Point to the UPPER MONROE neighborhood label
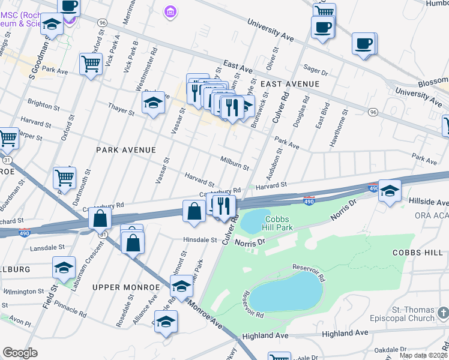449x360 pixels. tap(125, 287)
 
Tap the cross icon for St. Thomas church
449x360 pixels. tap(442, 313)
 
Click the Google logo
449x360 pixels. tap(20, 353)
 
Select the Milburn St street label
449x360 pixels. tap(234, 162)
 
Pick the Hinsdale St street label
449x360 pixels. tap(200, 240)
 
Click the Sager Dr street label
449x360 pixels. tap(315, 72)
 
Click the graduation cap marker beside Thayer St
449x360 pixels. tap(153, 103)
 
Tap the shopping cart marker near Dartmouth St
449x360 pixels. tap(64, 177)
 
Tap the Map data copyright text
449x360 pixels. tap(423, 355)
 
